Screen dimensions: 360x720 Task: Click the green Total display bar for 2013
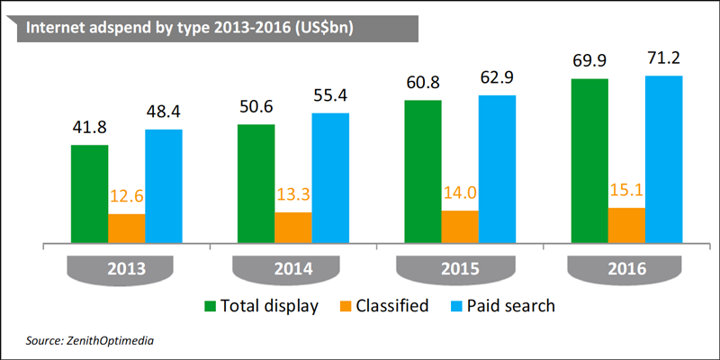coord(89,193)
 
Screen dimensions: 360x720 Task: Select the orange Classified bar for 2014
coord(292,228)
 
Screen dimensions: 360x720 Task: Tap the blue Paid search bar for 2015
coord(496,168)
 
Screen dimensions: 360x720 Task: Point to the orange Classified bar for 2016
coord(626,225)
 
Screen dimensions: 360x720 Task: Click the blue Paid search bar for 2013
coord(163,186)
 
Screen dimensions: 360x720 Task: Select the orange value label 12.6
coord(126,197)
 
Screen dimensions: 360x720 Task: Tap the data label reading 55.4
coord(329,96)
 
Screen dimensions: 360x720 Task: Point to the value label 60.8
coord(422,84)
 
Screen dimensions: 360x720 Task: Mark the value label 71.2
coord(662,59)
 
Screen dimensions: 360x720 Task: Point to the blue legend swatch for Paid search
coord(458,306)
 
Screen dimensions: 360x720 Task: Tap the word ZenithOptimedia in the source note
coord(112,341)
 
